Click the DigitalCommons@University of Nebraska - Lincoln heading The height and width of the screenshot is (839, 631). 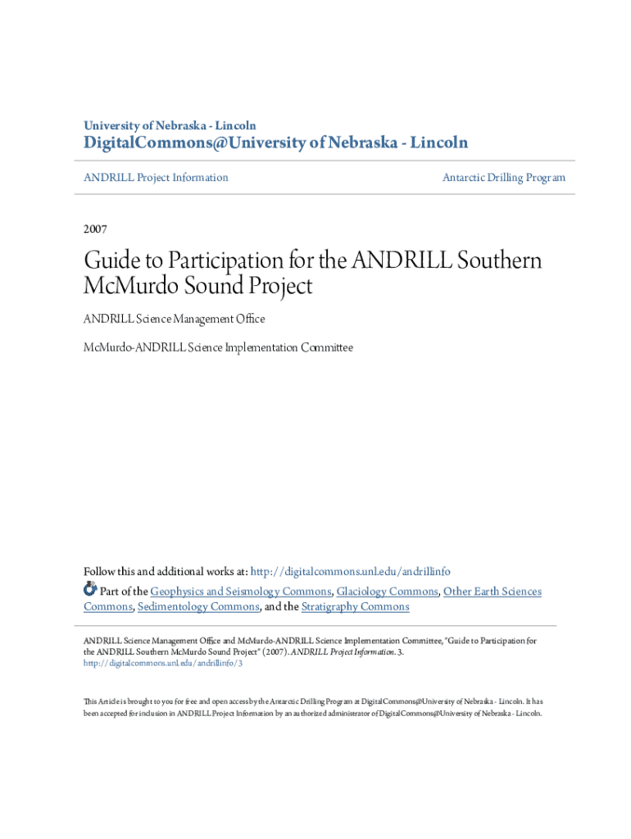tap(276, 143)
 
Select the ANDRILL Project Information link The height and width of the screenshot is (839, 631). tap(156, 177)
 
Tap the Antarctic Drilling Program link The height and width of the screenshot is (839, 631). tap(503, 177)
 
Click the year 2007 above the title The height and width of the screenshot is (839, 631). tap(95, 229)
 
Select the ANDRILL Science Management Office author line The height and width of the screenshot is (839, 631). tap(174, 318)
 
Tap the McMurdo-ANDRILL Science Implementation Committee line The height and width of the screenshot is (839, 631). tap(218, 347)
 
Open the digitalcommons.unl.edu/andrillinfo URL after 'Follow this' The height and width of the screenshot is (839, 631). tap(350, 571)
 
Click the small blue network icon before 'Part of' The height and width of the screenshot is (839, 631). tap(90, 589)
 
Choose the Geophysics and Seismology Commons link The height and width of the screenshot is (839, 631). tap(241, 591)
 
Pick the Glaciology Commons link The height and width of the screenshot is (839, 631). tap(387, 591)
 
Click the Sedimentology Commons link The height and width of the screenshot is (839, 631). tap(197, 606)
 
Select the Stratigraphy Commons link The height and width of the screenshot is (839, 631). tap(355, 606)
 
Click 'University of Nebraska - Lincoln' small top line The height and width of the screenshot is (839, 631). tap(170, 125)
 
